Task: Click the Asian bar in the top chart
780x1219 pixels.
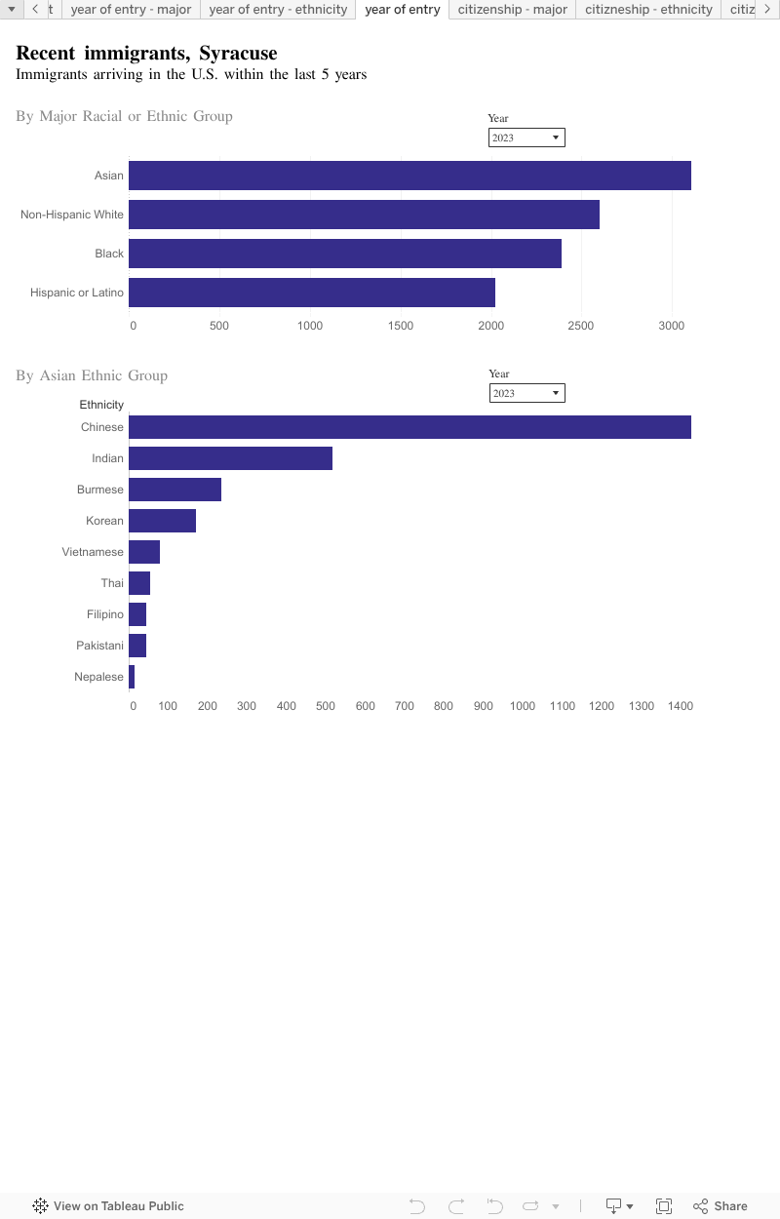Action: (409, 176)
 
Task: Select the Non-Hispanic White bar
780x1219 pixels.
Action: (364, 215)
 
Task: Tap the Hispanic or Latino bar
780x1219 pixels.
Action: (312, 293)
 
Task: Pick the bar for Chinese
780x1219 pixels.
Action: (409, 427)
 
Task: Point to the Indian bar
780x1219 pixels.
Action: (230, 458)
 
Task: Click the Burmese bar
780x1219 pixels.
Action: (175, 490)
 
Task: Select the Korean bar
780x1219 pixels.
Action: (162, 521)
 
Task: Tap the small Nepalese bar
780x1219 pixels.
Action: (132, 677)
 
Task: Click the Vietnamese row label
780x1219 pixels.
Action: (93, 552)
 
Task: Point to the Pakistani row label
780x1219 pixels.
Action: (99, 646)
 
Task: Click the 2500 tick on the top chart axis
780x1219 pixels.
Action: (581, 326)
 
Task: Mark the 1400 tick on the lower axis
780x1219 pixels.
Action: (681, 706)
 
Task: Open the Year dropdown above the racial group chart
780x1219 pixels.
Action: (526, 138)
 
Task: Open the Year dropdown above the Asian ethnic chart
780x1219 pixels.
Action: (526, 393)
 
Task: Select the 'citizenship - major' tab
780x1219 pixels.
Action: (512, 10)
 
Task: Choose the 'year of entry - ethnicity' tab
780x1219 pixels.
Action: (278, 10)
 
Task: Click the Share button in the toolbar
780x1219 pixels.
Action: (721, 1206)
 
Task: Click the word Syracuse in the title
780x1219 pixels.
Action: (238, 53)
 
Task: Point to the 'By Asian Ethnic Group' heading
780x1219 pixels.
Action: (92, 375)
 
